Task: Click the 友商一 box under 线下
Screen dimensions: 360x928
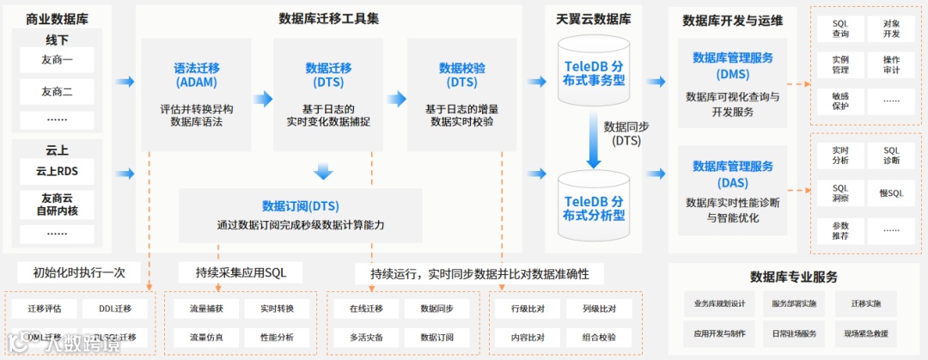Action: tap(57, 61)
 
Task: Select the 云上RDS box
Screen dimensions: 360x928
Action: tap(57, 171)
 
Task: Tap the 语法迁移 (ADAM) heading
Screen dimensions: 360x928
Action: tap(196, 75)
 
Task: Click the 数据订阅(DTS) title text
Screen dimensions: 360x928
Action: tap(300, 206)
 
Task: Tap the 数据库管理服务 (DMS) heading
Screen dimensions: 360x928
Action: tap(732, 65)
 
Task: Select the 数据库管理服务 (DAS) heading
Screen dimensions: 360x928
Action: tap(732, 174)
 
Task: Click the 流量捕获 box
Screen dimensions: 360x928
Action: tap(206, 308)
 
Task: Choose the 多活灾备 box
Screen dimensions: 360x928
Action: tap(366, 337)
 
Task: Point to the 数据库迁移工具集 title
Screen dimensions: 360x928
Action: tap(329, 18)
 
